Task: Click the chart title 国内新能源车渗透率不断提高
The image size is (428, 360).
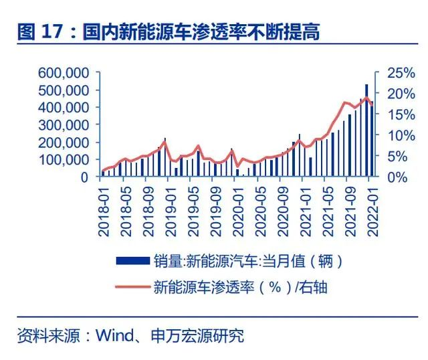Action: coord(201,31)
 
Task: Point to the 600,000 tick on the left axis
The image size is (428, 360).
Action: coord(65,72)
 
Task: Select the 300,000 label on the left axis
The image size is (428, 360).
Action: coord(65,124)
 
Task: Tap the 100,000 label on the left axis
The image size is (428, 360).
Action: coord(65,160)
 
